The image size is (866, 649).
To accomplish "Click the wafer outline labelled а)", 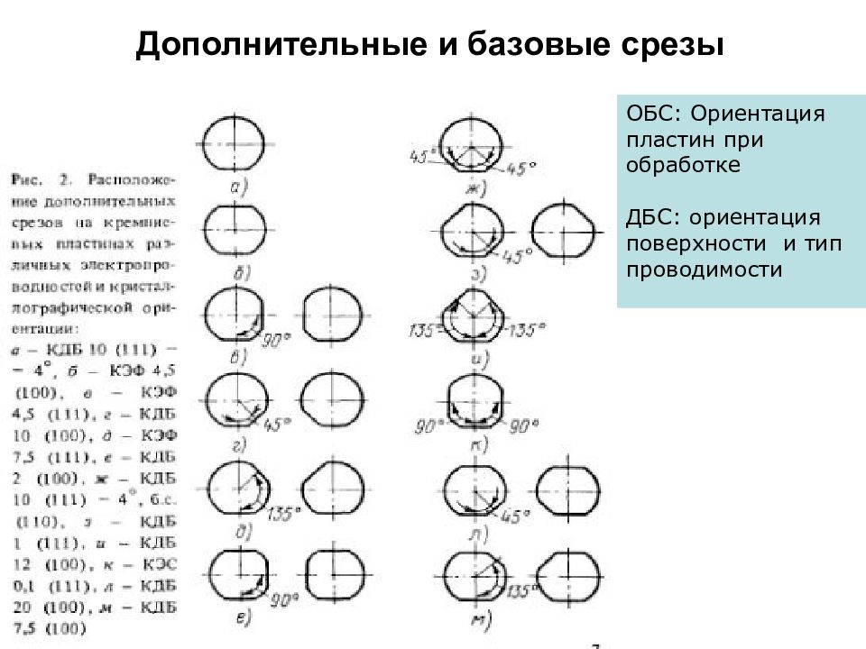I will coord(234,144).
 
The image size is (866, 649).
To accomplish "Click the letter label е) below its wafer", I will coord(241,618).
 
